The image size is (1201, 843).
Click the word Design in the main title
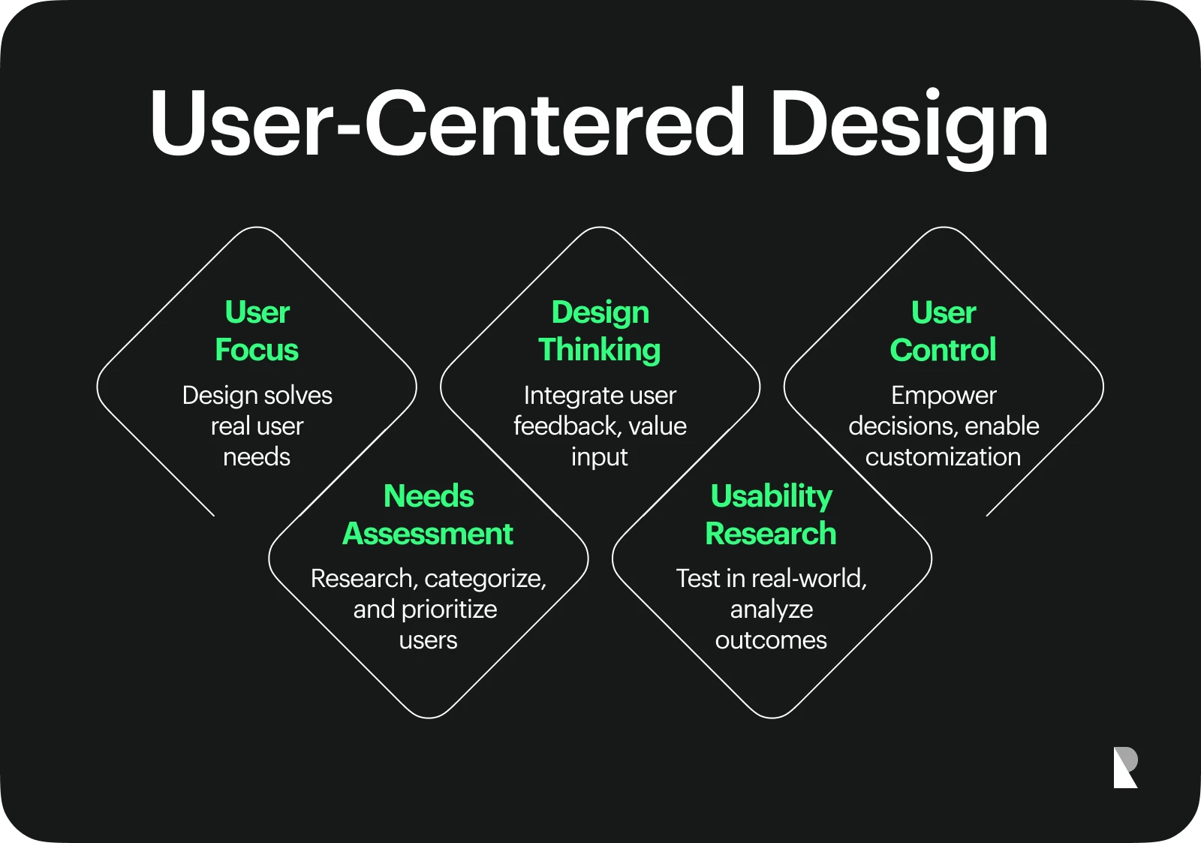(x=909, y=128)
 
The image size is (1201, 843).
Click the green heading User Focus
(x=257, y=331)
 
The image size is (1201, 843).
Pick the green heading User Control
(x=943, y=331)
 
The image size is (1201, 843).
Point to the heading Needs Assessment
(x=428, y=514)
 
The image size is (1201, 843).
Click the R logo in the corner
(x=1125, y=767)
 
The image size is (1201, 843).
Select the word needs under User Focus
(x=257, y=457)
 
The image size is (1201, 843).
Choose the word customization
(x=943, y=457)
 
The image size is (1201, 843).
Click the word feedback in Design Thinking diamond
(x=567, y=426)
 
